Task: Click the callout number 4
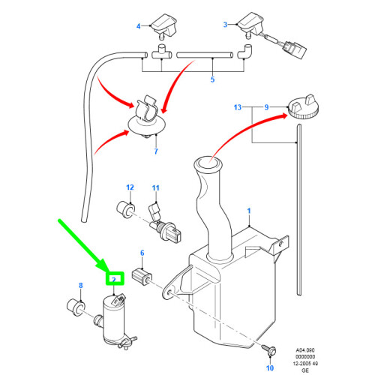coord(138,26)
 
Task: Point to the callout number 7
coord(156,151)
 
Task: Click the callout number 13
coord(238,108)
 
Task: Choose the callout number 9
coord(263,108)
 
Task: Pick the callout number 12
coord(129,186)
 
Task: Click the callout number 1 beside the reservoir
coord(250,212)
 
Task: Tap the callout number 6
coord(142,254)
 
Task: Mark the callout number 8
coord(81,285)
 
